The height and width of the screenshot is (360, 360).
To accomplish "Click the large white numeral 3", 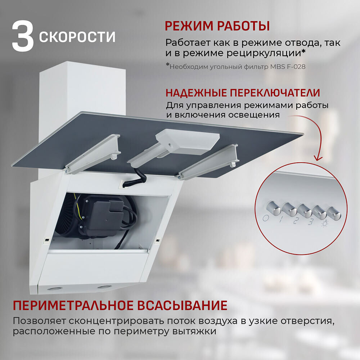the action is (23, 36).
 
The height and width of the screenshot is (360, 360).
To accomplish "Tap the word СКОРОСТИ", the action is (77, 37).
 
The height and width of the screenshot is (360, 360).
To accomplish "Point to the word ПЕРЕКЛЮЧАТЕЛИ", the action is (275, 93).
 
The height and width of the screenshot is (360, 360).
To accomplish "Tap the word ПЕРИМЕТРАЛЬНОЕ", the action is (73, 306).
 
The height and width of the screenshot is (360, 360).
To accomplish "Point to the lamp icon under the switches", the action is (325, 224).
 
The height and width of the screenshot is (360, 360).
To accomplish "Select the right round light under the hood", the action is (104, 287).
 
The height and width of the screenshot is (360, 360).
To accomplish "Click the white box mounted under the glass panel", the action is (187, 141).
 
